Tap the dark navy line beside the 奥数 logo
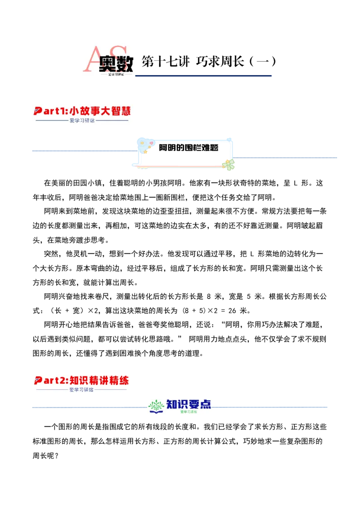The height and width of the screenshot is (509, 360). click(204, 76)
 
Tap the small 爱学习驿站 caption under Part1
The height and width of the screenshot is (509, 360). click(82, 121)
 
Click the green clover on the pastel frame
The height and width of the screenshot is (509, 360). click(229, 164)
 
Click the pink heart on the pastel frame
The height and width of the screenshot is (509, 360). click(151, 143)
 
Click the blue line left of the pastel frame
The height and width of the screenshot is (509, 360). click(83, 151)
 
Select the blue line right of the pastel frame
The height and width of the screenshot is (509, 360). click(286, 156)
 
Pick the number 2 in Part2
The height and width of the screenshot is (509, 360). click(62, 380)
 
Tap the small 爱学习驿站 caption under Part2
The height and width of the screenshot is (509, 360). click(81, 390)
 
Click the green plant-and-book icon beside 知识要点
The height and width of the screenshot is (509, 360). click(156, 406)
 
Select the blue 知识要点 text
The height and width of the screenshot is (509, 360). click(189, 404)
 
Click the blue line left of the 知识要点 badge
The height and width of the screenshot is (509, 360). click(89, 408)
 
